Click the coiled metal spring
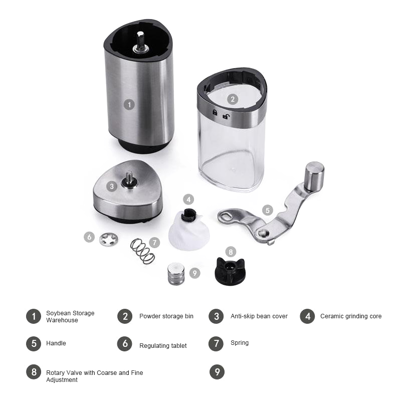coord(142,251)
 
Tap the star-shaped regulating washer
coord(109,240)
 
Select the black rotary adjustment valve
coord(230,271)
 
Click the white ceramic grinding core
coord(189,230)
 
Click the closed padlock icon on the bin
coord(215,112)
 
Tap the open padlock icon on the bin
coord(226,116)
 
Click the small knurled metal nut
coord(176,274)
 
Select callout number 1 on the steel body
coord(129,105)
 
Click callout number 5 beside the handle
coord(268,210)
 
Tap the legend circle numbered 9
coord(217,372)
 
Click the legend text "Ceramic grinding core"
coord(351,316)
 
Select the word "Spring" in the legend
coord(240,343)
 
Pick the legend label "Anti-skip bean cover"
coord(259,316)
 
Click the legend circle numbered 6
coord(125,343)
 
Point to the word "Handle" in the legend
coord(56,343)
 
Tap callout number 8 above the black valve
coord(231,252)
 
